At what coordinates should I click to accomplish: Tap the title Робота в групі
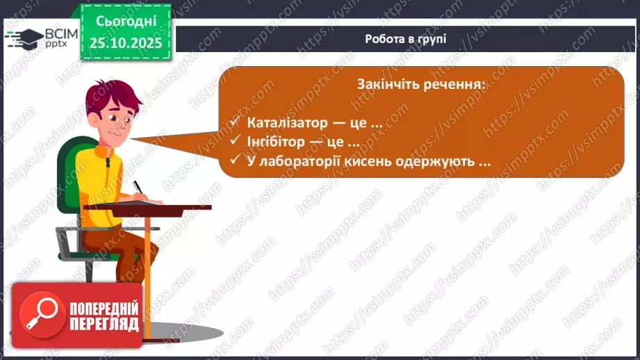[x=405, y=39]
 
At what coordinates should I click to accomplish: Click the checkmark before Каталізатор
[x=234, y=122]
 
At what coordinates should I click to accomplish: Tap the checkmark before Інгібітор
[x=234, y=142]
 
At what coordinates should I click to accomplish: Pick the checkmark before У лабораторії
[x=234, y=161]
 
